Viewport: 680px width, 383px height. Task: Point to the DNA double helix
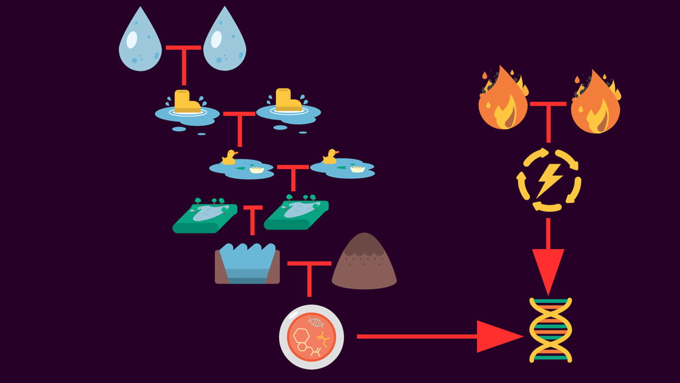pos(550,330)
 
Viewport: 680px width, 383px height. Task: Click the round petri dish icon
pos(312,337)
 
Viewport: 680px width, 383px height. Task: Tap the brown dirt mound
pos(364,262)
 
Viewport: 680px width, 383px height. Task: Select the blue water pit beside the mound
pos(247,264)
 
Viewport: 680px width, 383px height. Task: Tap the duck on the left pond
pos(229,157)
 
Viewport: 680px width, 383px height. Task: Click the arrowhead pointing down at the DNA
pos(549,269)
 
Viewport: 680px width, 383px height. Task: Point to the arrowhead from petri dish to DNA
pos(499,336)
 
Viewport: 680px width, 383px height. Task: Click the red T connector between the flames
pos(548,113)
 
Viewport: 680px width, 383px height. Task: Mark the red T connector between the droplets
pos(184,60)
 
